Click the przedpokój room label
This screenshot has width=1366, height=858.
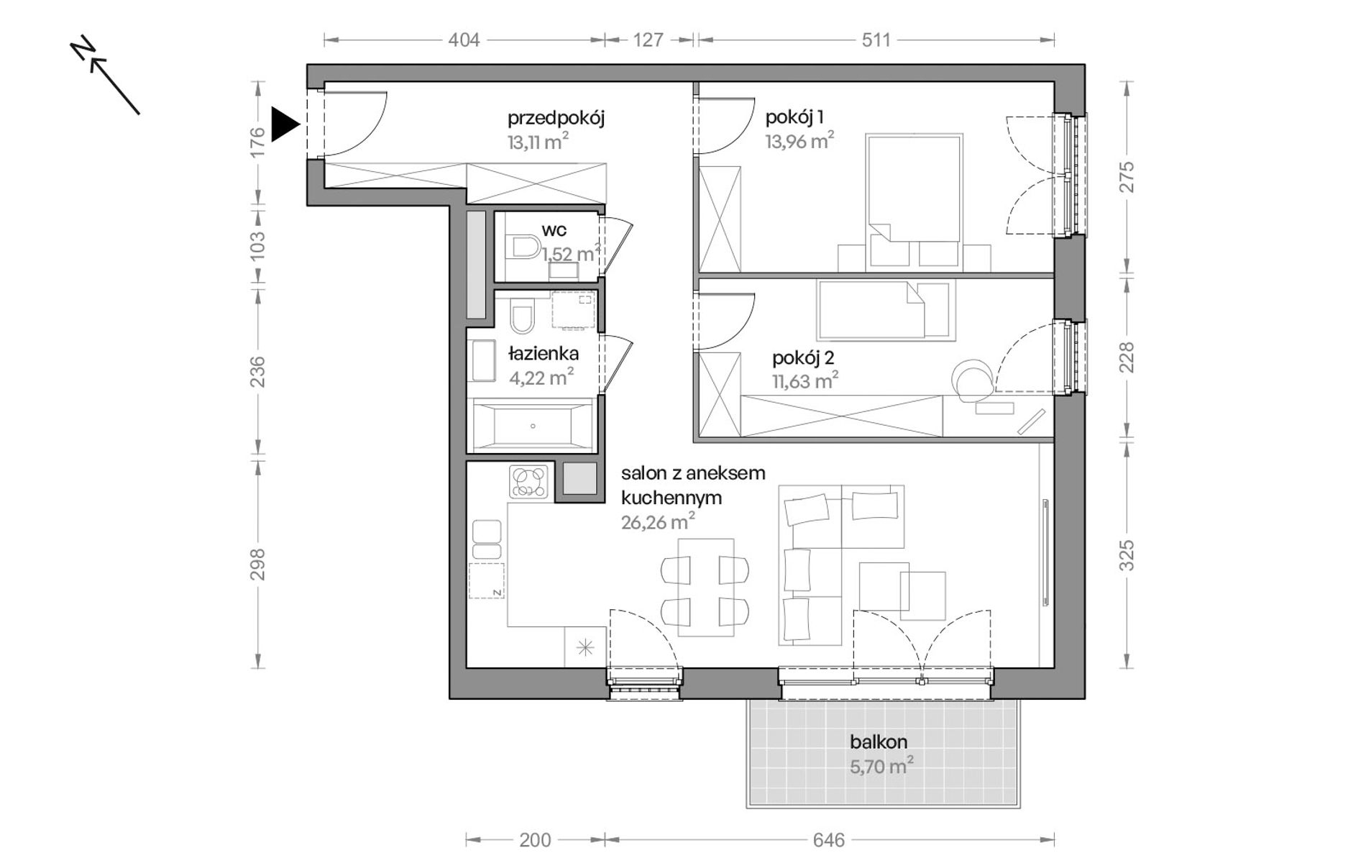pyautogui.click(x=556, y=117)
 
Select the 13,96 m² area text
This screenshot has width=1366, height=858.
pyautogui.click(x=799, y=140)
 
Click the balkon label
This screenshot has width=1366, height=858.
pyautogui.click(x=879, y=741)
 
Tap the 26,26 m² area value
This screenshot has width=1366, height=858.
pyautogui.click(x=658, y=521)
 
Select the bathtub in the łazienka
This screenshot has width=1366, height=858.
pyautogui.click(x=531, y=426)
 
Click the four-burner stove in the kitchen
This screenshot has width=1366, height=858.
pyautogui.click(x=528, y=482)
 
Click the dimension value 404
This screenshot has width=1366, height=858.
pyautogui.click(x=464, y=40)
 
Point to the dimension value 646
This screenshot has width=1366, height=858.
pyautogui.click(x=828, y=840)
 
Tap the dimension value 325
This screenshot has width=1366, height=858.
pyautogui.click(x=1127, y=555)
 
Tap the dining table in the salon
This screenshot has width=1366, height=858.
pyautogui.click(x=706, y=587)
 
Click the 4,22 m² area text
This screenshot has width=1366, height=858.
pyautogui.click(x=541, y=377)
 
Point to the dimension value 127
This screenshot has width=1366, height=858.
pyautogui.click(x=648, y=40)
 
